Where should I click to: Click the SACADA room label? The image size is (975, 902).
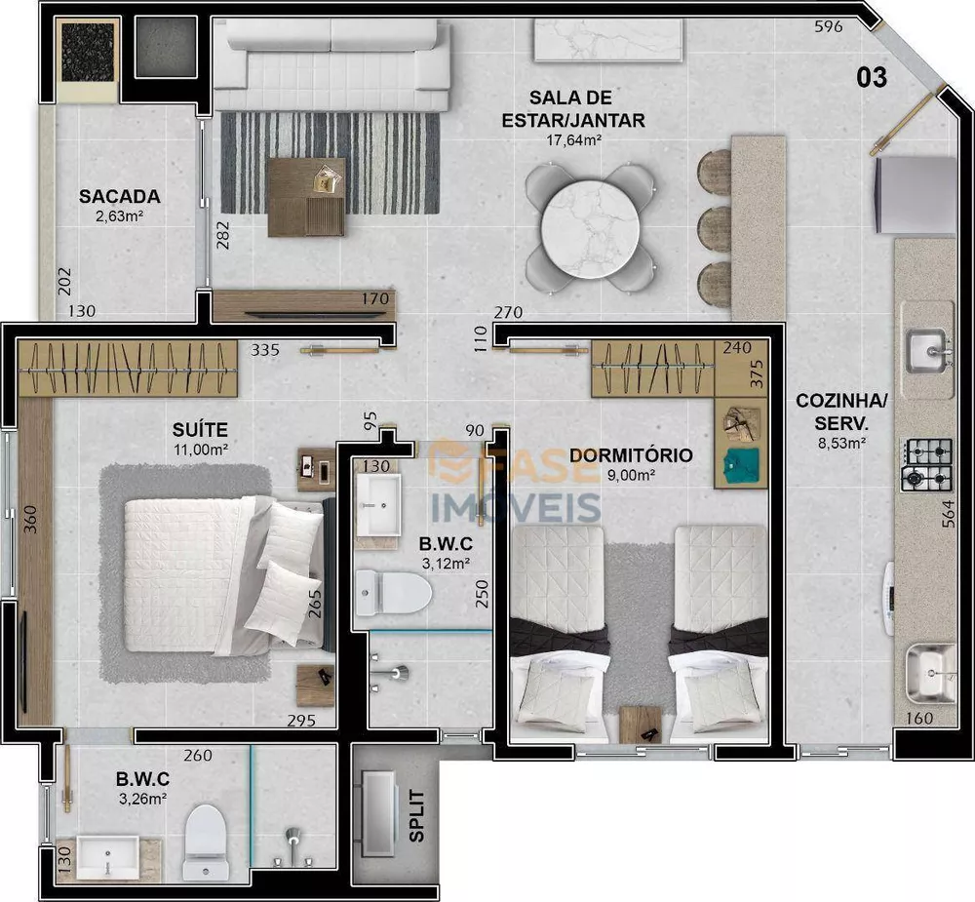tap(120, 196)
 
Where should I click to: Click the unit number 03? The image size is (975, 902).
tap(872, 77)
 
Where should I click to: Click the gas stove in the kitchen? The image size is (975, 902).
tap(926, 464)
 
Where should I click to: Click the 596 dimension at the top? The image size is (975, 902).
tap(828, 27)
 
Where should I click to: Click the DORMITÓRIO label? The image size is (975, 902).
tap(631, 455)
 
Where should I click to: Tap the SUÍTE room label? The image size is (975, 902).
tap(202, 428)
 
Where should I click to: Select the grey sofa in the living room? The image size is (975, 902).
tap(331, 65)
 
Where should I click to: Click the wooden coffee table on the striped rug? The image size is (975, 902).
tap(306, 196)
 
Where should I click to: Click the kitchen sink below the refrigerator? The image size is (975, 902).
tap(926, 350)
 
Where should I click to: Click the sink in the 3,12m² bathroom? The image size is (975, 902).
tap(377, 505)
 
